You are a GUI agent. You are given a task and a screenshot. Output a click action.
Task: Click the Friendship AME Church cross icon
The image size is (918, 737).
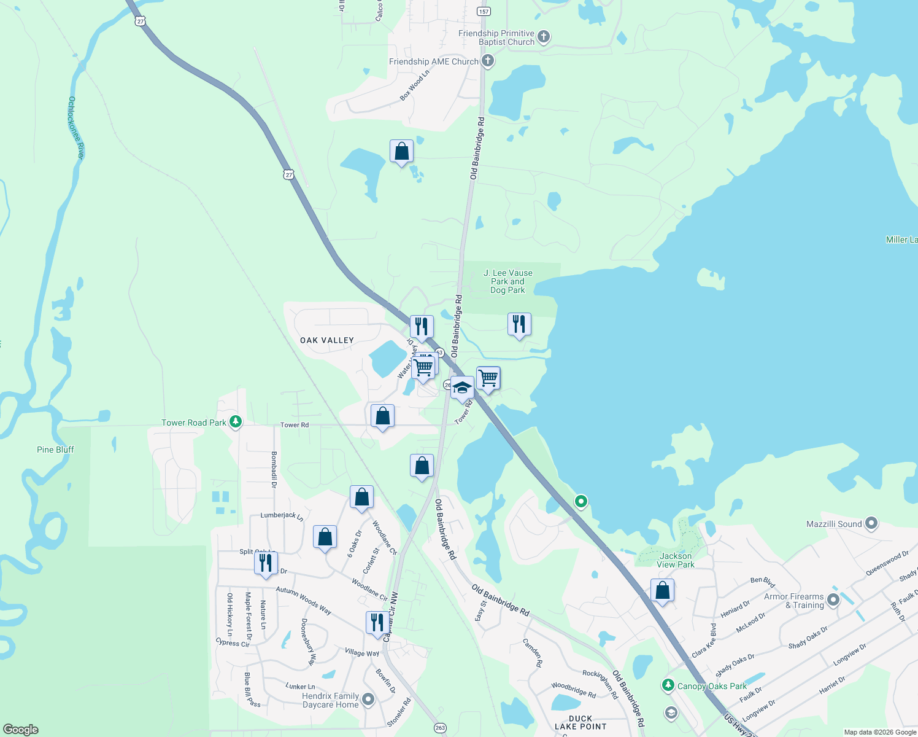coord(487,61)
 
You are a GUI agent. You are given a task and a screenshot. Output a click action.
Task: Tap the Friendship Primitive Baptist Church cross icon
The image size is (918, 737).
coord(544,37)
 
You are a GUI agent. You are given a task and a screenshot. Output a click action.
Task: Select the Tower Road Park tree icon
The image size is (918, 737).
coord(236,422)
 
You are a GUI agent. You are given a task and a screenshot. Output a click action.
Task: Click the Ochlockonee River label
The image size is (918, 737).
coord(75,128)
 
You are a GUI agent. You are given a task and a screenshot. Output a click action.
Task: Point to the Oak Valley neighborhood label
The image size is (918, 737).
coord(327,340)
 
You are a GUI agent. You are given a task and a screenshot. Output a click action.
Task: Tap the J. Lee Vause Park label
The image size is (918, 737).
coord(507,281)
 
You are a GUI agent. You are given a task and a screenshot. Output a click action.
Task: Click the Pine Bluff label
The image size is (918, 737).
coord(55,450)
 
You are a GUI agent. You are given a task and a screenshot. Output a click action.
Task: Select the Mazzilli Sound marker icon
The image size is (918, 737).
coord(871,524)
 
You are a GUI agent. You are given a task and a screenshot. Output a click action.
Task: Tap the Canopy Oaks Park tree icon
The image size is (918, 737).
coord(668,685)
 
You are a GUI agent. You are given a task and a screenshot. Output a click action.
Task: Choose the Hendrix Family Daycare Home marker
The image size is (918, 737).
coord(368,700)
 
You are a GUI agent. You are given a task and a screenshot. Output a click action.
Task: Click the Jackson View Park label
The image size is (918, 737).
coord(676,560)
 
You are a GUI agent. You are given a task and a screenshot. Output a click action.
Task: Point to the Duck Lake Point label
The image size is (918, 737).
coord(580,722)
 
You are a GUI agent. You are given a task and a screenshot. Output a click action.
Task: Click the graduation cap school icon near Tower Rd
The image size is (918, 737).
coord(462,388)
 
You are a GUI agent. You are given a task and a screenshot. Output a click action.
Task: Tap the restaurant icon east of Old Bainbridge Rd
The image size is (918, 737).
coord(519,324)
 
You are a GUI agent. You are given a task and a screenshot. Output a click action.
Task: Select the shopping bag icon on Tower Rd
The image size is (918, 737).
coord(382,416)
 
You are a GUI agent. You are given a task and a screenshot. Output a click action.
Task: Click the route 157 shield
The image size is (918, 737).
coord(484,11)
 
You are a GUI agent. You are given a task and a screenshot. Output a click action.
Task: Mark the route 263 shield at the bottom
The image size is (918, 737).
coord(440,728)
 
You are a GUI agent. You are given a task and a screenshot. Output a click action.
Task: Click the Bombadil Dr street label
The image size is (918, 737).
coord(274,470)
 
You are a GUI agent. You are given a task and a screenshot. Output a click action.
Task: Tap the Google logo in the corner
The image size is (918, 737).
coord(21,729)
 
